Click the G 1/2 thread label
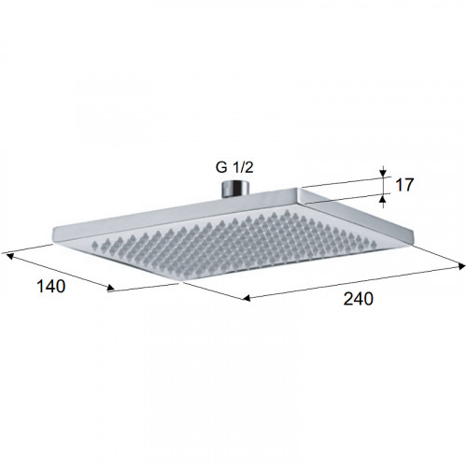point(234,167)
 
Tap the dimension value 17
point(404,185)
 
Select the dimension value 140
point(51,286)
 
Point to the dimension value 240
point(358,299)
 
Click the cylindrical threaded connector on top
point(235,189)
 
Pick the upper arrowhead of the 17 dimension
point(383,173)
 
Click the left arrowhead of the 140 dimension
point(10,256)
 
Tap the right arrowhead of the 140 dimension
point(110,288)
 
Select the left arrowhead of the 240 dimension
point(247,299)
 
